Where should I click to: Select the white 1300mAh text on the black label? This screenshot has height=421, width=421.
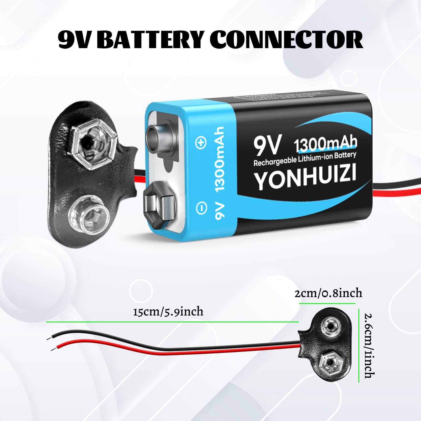click(x=325, y=144)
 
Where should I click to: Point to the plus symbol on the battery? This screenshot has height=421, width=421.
click(x=201, y=143)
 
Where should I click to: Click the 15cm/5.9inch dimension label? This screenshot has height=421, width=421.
click(x=168, y=312)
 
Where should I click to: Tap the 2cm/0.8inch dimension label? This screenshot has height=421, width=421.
click(x=328, y=293)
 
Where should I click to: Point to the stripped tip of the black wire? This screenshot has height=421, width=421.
click(x=49, y=338)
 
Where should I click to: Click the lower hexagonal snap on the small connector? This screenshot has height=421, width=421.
click(x=330, y=364)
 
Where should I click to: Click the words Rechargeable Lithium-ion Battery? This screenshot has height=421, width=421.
click(x=305, y=159)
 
